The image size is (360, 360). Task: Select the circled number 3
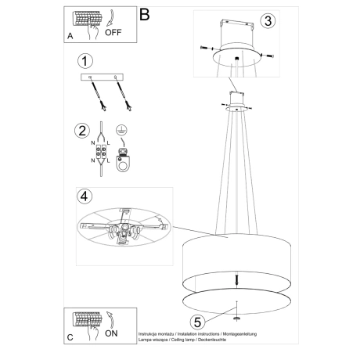coord(268,22)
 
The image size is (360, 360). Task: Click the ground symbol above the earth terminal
coord(122,131)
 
